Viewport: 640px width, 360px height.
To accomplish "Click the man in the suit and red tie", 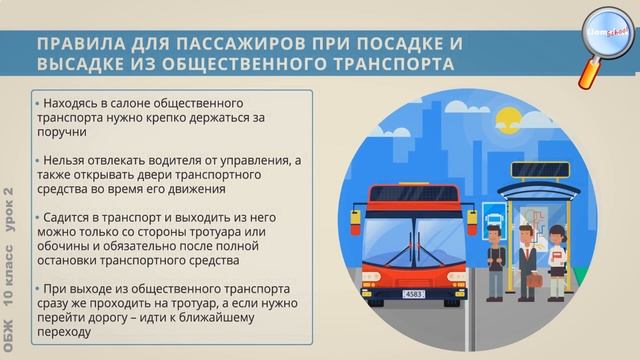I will [527, 251].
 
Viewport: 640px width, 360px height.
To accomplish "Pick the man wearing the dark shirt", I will [494, 261].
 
